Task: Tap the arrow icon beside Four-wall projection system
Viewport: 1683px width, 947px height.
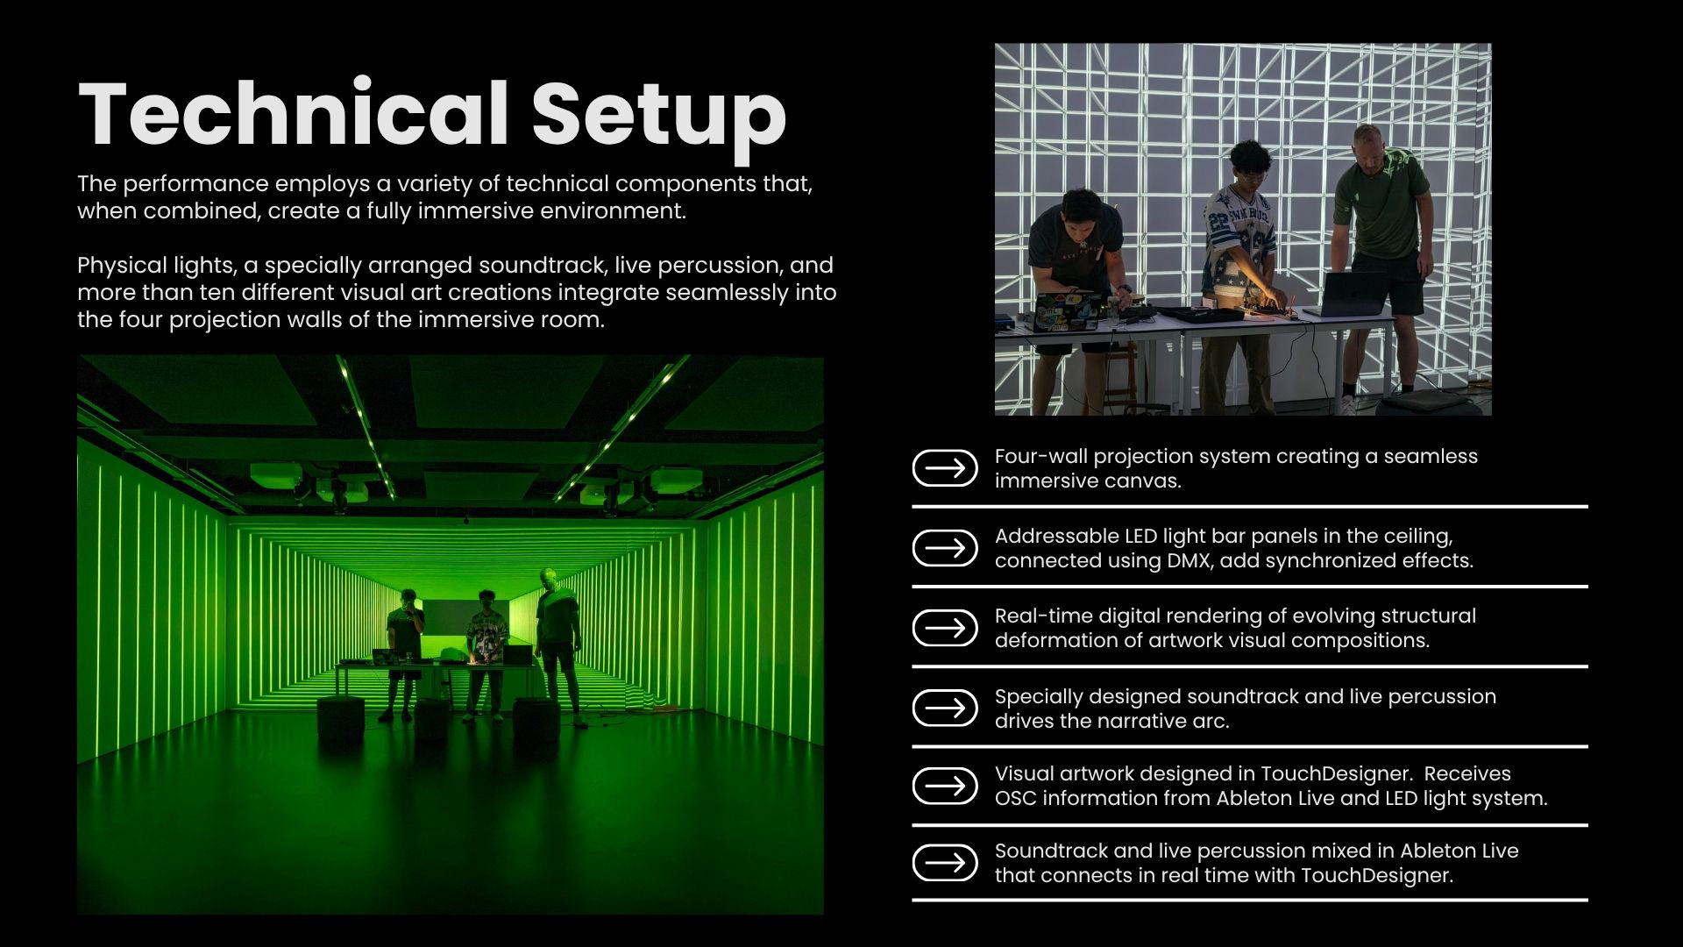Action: pyautogui.click(x=945, y=468)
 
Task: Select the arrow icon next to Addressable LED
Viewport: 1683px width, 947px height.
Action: pyautogui.click(x=945, y=548)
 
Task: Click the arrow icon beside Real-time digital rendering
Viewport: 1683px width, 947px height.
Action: pyautogui.click(x=945, y=628)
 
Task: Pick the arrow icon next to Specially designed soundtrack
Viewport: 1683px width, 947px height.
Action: pyautogui.click(x=945, y=708)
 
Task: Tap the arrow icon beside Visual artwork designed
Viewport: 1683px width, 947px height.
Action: pyautogui.click(x=945, y=786)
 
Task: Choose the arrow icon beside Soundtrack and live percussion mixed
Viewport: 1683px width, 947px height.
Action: pyautogui.click(x=945, y=863)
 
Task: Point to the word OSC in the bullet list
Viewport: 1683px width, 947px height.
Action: pyautogui.click(x=1015, y=799)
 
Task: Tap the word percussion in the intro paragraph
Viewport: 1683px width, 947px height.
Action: pyautogui.click(x=712, y=266)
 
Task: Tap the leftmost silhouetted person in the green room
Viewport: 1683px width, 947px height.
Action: pyautogui.click(x=404, y=654)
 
